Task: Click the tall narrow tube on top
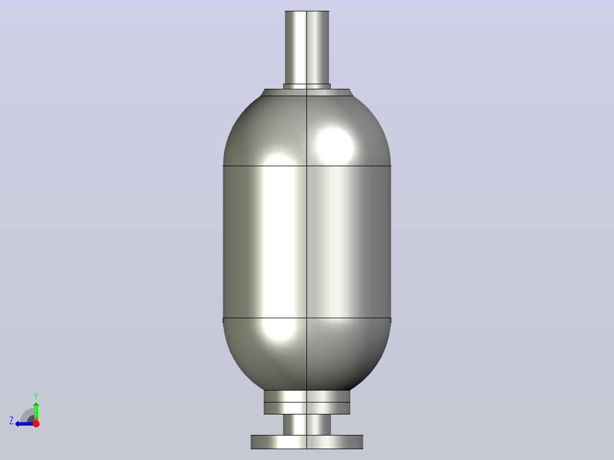(x=307, y=47)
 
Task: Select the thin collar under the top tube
(x=307, y=87)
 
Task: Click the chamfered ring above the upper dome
(x=307, y=92)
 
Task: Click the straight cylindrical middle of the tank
(x=307, y=242)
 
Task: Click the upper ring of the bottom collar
(x=307, y=396)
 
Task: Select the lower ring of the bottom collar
(x=307, y=408)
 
